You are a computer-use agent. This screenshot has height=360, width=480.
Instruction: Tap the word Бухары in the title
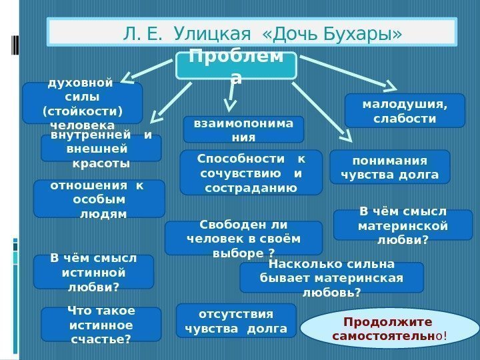360,32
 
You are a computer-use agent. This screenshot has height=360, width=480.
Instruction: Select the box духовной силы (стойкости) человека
82,103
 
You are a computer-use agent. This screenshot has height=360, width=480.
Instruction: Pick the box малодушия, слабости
404,110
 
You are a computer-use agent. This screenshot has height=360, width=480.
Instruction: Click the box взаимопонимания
243,129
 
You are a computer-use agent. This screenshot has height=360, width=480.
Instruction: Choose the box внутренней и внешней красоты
101,148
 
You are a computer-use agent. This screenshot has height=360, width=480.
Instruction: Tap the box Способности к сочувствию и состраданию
251,172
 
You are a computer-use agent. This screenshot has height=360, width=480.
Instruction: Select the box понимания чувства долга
390,166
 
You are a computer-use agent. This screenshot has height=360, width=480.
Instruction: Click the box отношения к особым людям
99,199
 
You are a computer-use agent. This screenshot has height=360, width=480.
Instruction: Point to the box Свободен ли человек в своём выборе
243,238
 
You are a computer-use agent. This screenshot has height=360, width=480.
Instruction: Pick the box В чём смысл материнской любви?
403,225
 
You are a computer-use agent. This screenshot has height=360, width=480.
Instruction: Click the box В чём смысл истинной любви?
93,271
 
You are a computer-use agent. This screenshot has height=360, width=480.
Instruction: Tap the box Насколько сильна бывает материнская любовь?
331,277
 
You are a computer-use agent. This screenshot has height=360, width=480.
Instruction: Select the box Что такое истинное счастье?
101,323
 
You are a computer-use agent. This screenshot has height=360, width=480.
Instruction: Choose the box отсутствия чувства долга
236,320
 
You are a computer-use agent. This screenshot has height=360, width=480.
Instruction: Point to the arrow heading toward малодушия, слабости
347,71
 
